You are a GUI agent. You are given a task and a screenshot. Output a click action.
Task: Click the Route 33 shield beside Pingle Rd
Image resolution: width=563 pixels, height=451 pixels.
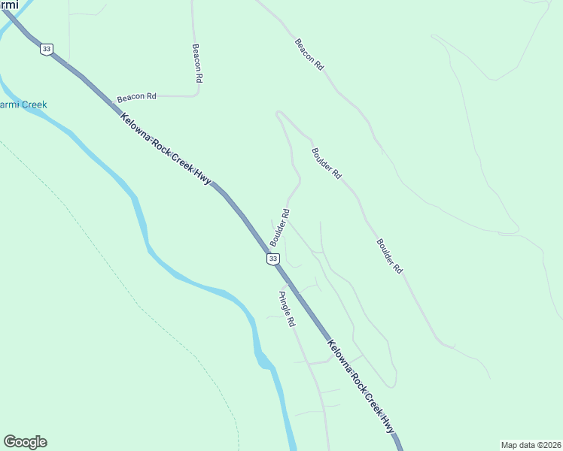click(x=273, y=259)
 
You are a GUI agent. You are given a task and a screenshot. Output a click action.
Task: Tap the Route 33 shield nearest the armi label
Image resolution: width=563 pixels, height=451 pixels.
click(x=47, y=49)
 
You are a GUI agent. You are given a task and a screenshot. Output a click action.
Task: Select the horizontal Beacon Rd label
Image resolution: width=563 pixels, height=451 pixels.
click(x=136, y=97)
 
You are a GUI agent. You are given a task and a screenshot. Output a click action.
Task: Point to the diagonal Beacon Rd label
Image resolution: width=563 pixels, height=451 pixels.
click(x=309, y=55)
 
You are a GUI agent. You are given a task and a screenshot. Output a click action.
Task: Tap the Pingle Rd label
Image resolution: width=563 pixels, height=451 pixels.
click(x=286, y=310)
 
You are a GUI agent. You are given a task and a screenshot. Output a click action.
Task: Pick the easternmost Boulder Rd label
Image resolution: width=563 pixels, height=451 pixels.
click(x=389, y=256)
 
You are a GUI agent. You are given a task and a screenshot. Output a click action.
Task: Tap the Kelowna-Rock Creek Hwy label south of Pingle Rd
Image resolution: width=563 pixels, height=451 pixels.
click(x=361, y=386)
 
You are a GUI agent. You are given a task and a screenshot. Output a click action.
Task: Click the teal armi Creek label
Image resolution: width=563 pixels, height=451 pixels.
click(x=23, y=104)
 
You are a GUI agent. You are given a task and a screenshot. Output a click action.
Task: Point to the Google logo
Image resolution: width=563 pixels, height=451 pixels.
click(x=25, y=442)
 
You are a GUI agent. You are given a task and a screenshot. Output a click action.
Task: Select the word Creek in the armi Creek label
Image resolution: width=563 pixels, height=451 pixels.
click(x=33, y=104)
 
